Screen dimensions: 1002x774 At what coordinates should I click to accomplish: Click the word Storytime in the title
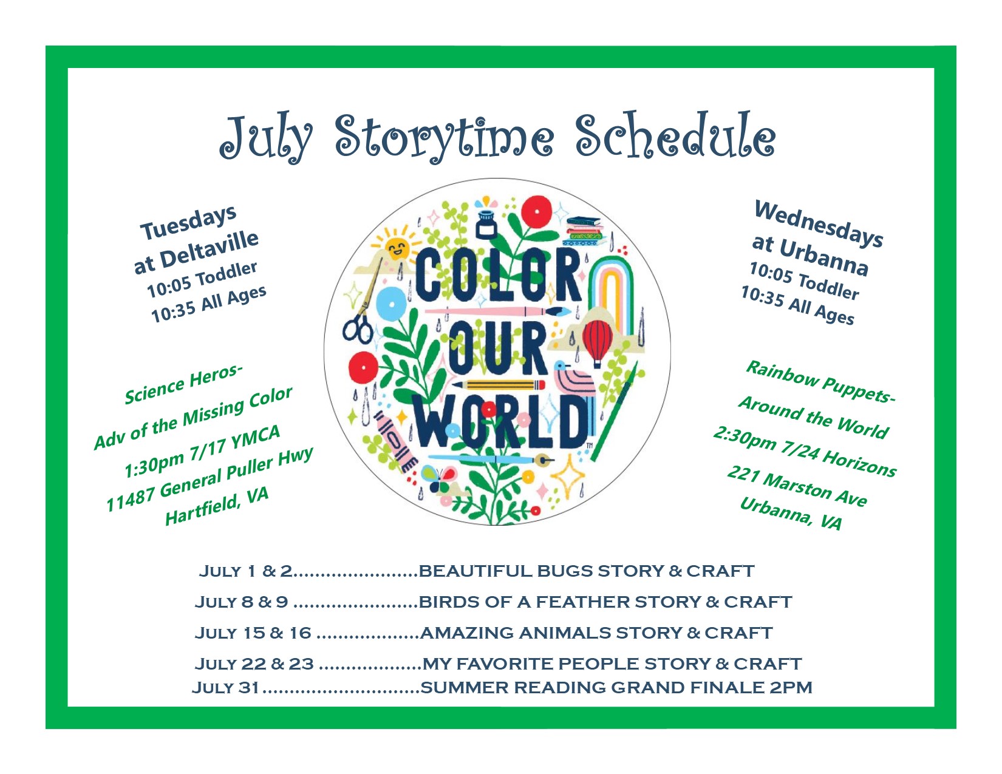[x=444, y=137]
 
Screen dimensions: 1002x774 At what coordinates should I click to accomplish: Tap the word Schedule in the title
[x=676, y=135]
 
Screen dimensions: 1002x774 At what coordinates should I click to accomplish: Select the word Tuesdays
[x=189, y=222]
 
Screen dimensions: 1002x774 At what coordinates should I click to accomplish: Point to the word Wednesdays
[x=819, y=224]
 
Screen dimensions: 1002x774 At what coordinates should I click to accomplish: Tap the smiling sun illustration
[x=397, y=247]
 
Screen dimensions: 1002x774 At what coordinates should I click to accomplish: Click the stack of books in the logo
[x=584, y=231]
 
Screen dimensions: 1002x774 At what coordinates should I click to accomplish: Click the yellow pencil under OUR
[x=499, y=385]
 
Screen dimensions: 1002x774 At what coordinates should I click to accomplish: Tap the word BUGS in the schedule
[x=565, y=571]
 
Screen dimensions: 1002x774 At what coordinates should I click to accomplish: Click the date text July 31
[x=225, y=687]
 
